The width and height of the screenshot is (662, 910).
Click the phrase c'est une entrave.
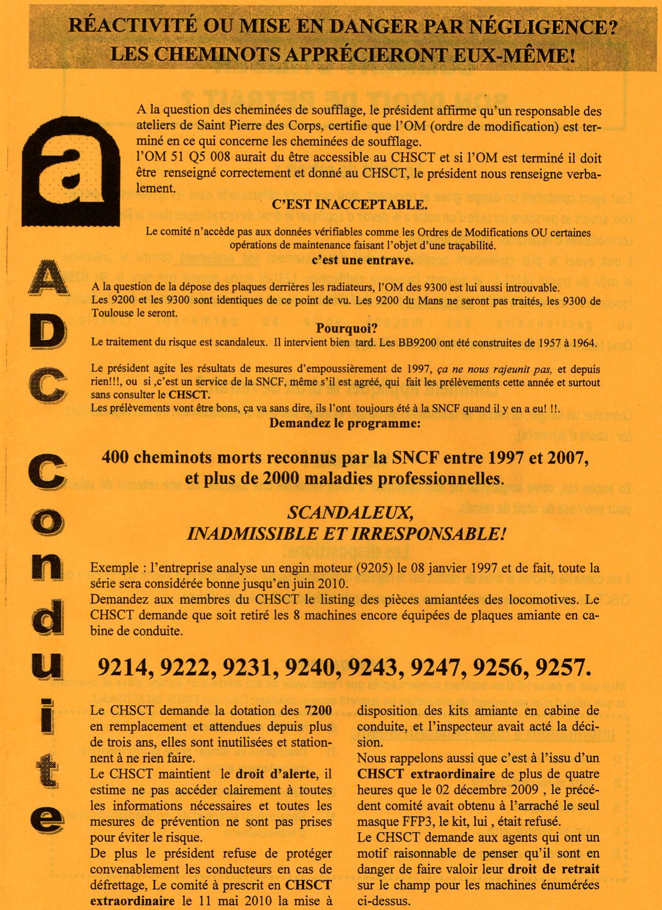(362, 261)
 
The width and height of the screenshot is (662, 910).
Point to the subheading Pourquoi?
(347, 329)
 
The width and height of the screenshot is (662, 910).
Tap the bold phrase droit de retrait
(554, 869)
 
